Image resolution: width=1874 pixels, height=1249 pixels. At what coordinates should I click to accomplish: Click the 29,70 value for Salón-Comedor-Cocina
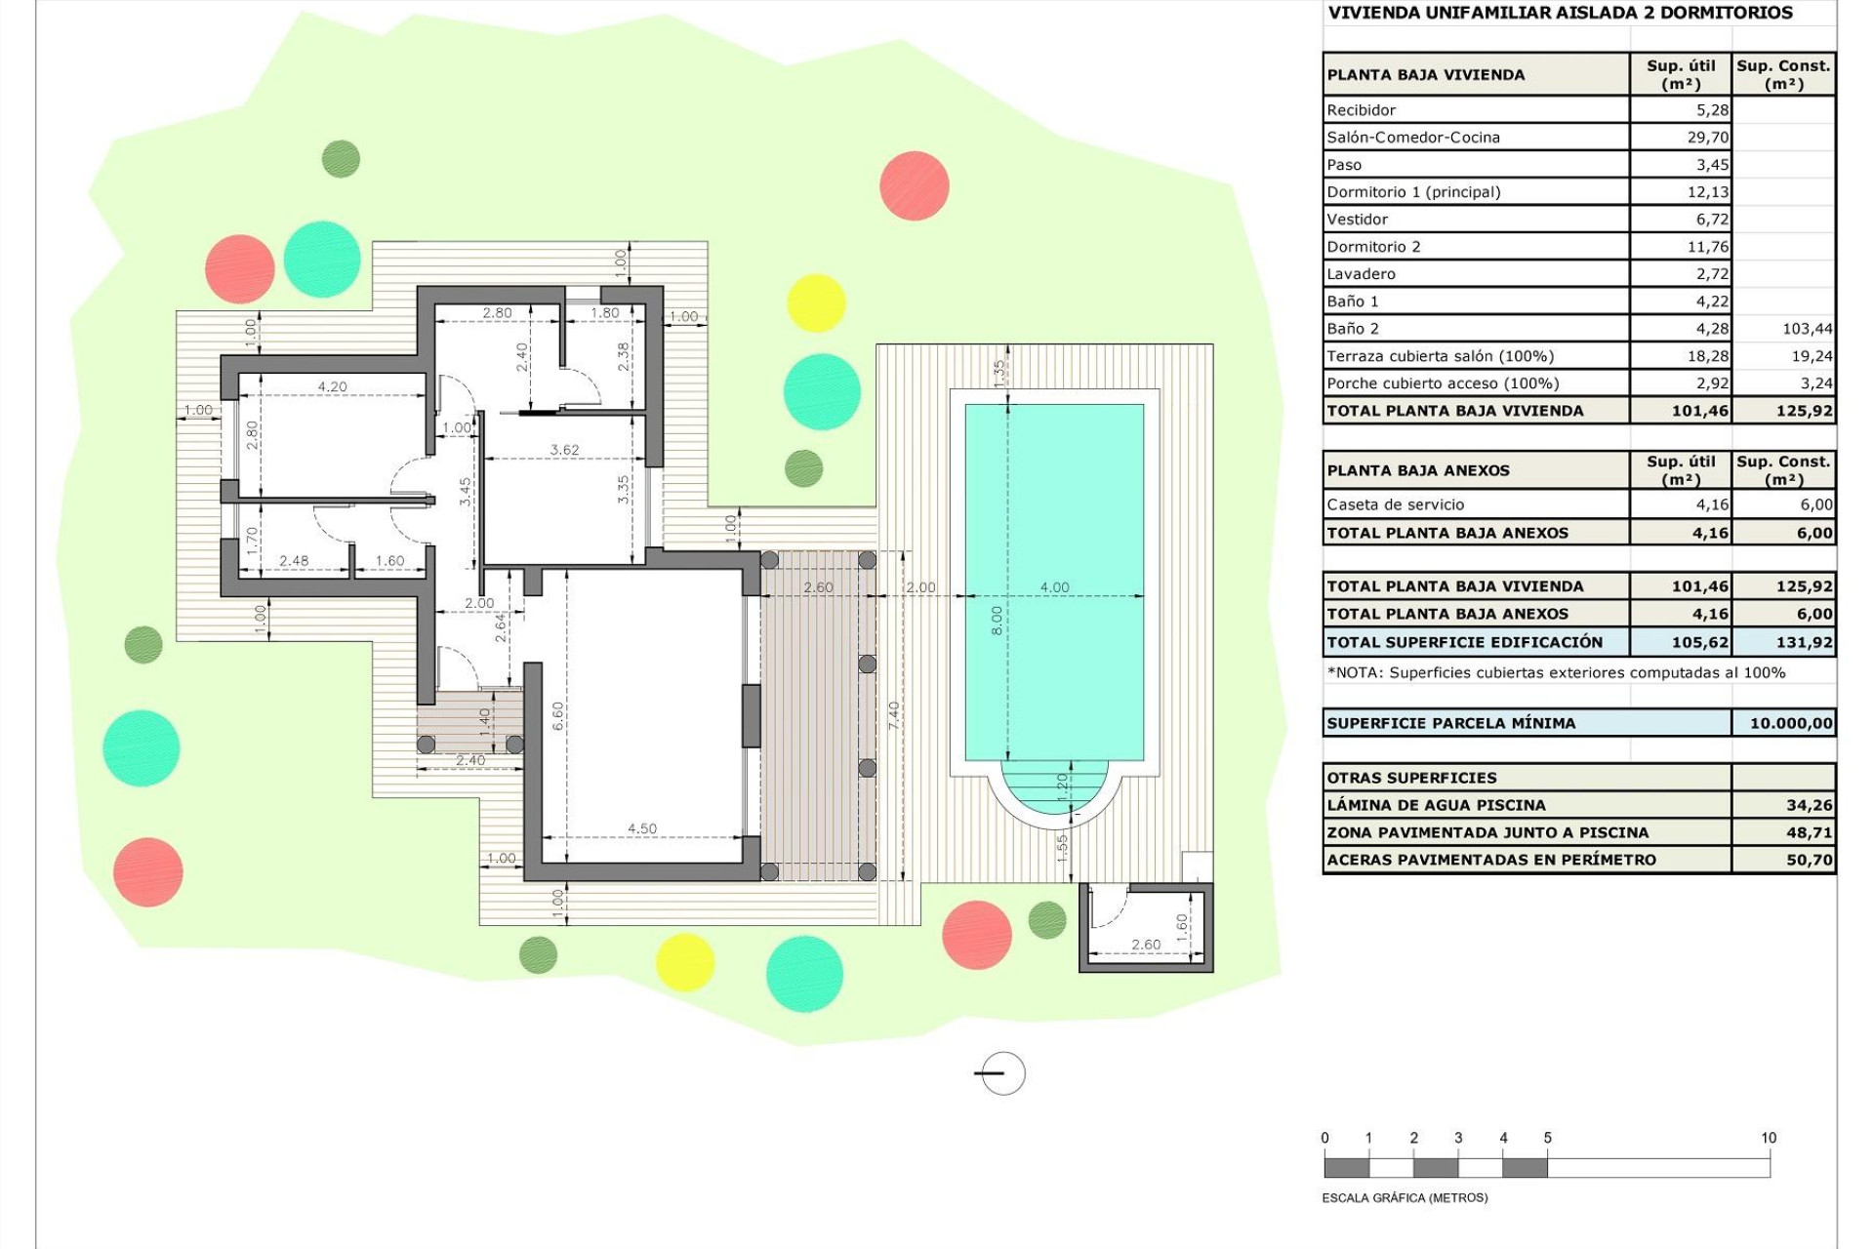(1707, 138)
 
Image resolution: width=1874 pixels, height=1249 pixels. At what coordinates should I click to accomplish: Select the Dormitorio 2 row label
(1373, 247)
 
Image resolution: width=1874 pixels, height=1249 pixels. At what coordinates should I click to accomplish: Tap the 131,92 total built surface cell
(1804, 642)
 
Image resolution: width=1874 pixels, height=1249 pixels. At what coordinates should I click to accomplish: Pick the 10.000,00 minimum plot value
(1790, 723)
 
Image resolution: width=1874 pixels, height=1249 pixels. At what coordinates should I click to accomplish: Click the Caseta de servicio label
(1395, 504)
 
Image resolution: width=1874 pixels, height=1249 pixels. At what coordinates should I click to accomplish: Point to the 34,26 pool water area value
(1809, 805)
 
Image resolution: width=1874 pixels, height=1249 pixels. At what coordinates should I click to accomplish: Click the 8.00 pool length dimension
(996, 621)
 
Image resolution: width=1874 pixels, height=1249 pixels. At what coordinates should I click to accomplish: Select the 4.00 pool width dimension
(1054, 587)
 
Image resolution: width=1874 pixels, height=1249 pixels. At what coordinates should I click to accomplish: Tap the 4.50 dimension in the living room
(641, 828)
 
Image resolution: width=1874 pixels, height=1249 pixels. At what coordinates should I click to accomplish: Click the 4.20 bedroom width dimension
(332, 386)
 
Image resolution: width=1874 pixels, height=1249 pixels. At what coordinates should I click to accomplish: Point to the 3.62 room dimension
(564, 450)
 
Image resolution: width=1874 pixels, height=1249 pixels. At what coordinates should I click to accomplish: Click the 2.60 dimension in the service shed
(1146, 944)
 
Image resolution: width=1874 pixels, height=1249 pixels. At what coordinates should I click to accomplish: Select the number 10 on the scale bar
(1768, 1138)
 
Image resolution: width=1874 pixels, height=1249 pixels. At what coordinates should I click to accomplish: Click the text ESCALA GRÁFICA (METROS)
(1405, 1197)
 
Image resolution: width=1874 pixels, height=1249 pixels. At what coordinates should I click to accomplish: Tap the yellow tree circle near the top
(815, 302)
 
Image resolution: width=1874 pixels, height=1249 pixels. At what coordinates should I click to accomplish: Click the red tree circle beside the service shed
(976, 934)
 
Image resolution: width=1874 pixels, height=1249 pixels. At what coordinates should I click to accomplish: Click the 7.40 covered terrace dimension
(894, 715)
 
